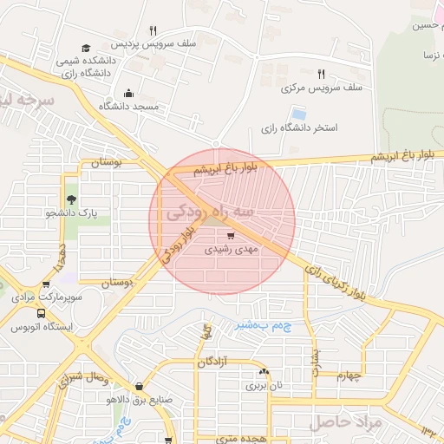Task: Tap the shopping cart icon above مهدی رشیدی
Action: tap(230, 235)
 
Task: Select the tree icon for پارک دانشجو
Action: tap(71, 199)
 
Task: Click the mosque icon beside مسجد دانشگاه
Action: tap(129, 93)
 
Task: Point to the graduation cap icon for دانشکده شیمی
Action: tap(85, 48)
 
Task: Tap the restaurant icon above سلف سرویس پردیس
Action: tap(153, 30)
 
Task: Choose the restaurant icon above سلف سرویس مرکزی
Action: tap(321, 75)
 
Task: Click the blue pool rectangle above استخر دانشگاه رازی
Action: tap(299, 114)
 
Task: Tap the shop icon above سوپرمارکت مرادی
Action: tap(46, 284)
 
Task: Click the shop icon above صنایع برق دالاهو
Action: tap(139, 387)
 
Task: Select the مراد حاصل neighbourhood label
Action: tap(341, 422)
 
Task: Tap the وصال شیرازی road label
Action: tap(82, 379)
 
